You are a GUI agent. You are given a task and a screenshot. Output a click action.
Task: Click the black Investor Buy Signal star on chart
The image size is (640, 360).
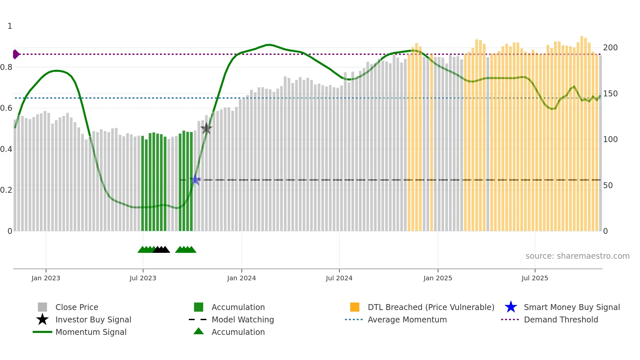point(206,128)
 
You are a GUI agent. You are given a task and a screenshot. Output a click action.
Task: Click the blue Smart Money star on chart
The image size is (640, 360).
point(195,180)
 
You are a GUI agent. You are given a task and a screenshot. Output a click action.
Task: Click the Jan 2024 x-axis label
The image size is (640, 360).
point(241,278)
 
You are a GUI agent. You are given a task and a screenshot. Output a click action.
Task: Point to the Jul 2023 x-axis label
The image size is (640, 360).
point(143,278)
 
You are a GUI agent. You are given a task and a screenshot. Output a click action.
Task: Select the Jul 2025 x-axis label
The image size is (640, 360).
point(535,278)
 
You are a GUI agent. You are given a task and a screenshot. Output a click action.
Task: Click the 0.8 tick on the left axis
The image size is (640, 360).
point(7,67)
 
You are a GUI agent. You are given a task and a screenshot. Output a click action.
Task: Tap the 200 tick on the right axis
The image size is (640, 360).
point(610,48)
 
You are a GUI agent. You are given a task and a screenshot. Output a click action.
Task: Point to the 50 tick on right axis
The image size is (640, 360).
point(608,186)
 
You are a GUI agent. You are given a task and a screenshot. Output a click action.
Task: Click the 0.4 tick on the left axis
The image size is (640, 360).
point(7,149)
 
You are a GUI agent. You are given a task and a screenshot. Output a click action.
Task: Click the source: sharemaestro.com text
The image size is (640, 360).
point(577,256)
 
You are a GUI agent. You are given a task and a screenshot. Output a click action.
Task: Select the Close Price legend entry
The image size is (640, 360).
point(76,307)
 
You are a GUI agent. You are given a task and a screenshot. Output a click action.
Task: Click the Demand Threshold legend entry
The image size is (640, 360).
point(561,319)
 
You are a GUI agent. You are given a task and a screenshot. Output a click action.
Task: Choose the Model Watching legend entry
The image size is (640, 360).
point(242,319)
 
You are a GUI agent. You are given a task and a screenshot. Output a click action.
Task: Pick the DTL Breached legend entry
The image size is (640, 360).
point(431,307)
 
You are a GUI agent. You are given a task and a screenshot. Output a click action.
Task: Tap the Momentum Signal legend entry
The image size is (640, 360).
point(91,332)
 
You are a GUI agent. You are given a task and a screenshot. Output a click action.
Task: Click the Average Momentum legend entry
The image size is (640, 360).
point(407,319)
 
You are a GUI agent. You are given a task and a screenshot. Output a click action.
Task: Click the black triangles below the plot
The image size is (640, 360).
point(161,250)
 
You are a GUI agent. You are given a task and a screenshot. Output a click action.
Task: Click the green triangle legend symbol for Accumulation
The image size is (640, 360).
point(199,332)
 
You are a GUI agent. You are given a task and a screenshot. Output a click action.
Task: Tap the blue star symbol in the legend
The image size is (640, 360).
point(511,307)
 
